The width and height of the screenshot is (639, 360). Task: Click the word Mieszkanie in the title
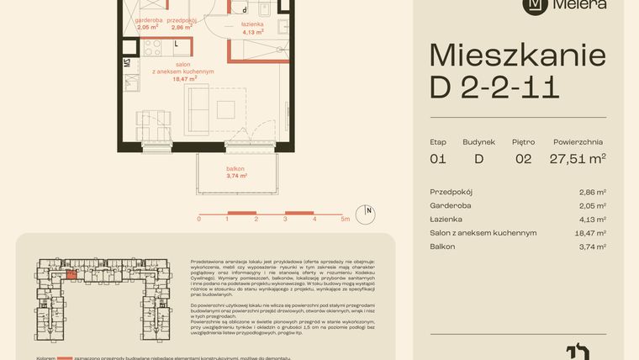tap(517, 56)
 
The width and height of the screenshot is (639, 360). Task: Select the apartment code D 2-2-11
tap(494, 87)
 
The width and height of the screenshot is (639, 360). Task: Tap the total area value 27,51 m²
tap(578, 158)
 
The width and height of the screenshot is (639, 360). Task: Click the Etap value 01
tap(437, 158)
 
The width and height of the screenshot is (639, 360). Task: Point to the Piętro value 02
tap(522, 158)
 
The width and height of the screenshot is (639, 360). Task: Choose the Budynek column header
tap(479, 142)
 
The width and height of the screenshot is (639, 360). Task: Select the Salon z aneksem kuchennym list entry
tap(483, 232)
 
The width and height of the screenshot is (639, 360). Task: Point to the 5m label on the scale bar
tap(345, 219)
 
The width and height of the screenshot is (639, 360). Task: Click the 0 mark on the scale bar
tap(199, 219)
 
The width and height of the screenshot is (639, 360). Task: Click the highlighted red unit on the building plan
tap(72, 273)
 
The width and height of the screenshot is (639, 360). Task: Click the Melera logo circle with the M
tap(534, 5)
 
